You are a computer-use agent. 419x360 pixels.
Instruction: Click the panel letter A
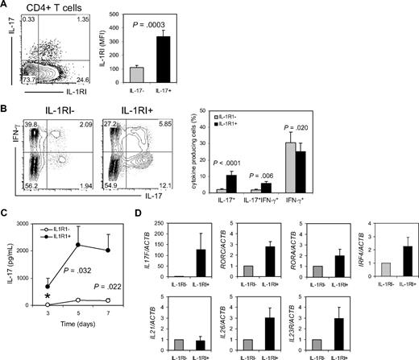[x=6, y=6]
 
